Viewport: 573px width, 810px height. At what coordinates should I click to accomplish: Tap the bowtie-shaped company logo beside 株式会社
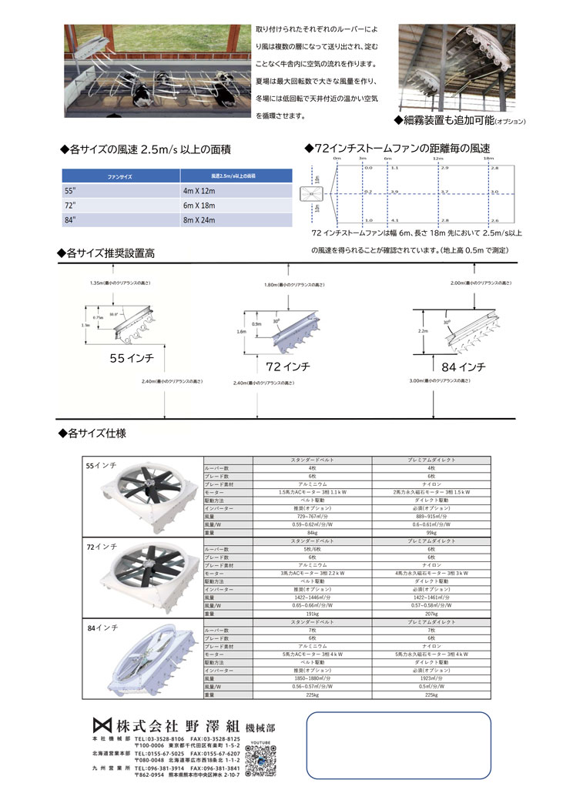coord(102,725)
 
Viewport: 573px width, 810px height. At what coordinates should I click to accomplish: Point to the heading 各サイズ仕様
coord(92,433)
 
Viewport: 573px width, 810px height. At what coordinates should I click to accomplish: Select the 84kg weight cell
coord(312,531)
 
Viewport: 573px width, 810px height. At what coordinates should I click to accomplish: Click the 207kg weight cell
coord(431,614)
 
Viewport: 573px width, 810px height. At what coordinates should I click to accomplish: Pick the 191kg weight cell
coord(312,614)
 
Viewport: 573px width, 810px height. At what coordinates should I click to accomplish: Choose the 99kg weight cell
coord(431,531)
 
